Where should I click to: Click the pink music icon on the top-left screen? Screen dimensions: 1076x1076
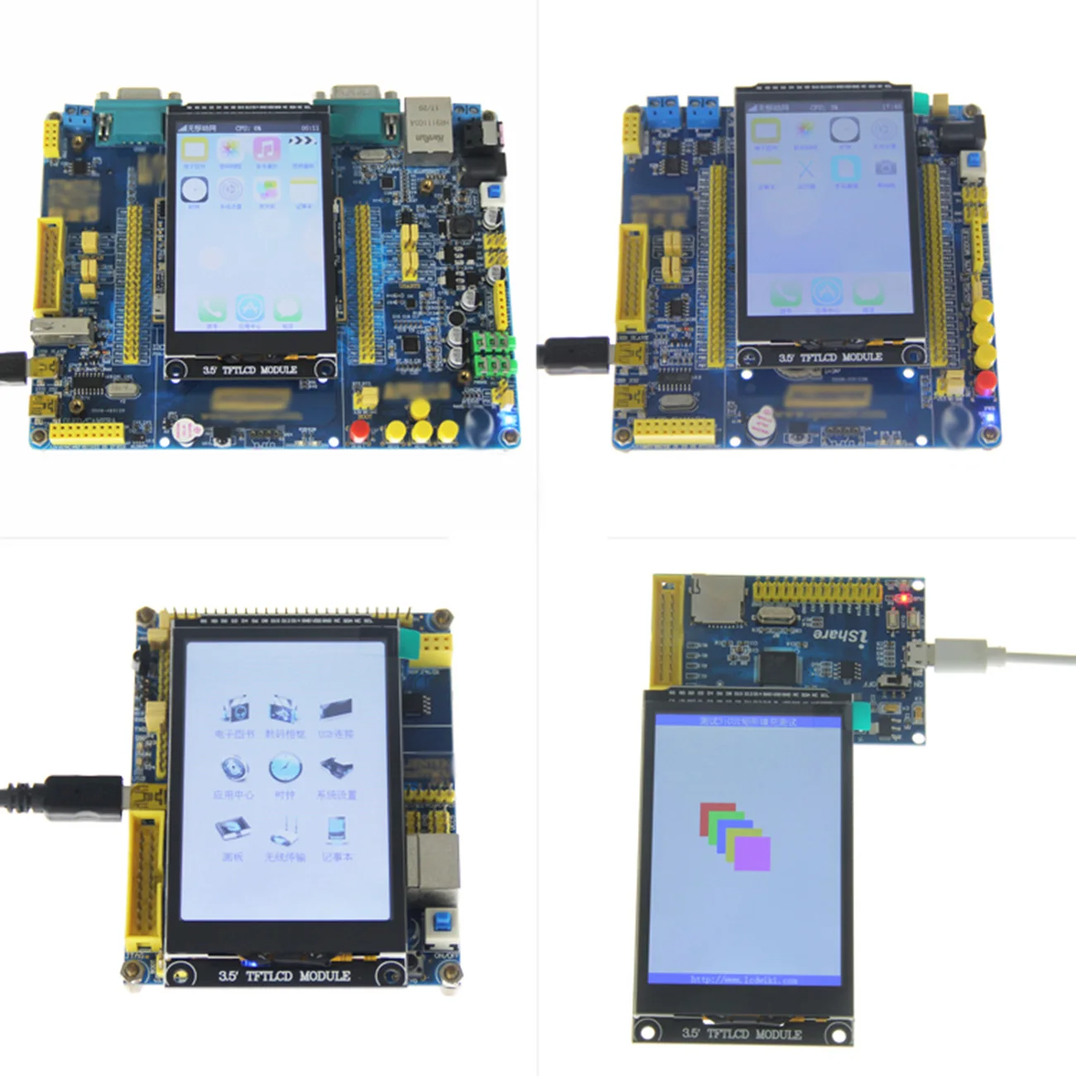click(x=266, y=150)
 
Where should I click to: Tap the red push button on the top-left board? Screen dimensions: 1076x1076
click(x=359, y=430)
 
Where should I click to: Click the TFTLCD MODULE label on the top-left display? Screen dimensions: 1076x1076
click(x=249, y=369)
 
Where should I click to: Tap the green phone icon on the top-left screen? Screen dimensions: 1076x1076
click(x=212, y=310)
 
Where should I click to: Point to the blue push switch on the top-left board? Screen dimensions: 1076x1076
click(x=495, y=193)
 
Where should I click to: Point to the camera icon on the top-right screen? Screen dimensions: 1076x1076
click(x=885, y=168)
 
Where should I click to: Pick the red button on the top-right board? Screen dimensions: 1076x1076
click(x=985, y=382)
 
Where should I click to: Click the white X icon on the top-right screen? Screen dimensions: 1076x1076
click(x=805, y=170)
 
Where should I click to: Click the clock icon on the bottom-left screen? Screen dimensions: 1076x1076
click(x=285, y=769)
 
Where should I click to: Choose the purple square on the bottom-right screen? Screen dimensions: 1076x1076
click(x=752, y=853)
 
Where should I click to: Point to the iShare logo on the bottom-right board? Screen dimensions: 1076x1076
click(x=839, y=635)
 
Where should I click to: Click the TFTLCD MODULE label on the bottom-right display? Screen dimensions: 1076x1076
click(x=742, y=1033)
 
